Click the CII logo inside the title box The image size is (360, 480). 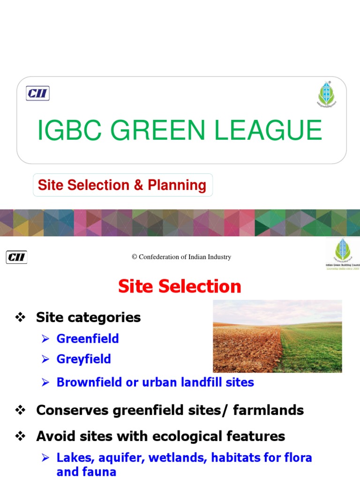tap(37, 94)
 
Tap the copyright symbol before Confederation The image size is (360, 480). tap(134, 257)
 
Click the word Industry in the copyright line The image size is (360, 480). tap(218, 257)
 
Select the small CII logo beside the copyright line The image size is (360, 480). tap(16, 257)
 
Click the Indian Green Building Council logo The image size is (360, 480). tap(343, 253)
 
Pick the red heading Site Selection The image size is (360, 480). tap(180, 286)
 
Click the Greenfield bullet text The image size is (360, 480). tap(88, 338)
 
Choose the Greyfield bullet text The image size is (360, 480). tap(84, 360)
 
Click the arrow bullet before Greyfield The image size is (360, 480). tap(45, 360)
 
